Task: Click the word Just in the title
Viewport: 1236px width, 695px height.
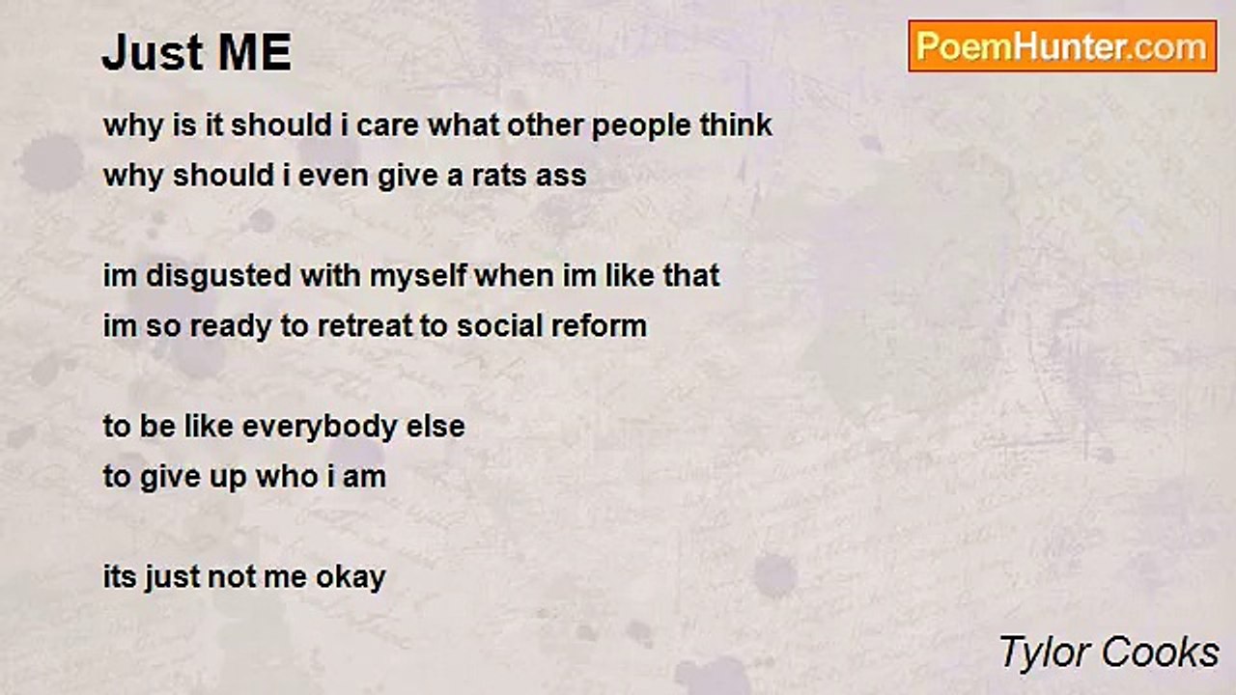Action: coord(153,53)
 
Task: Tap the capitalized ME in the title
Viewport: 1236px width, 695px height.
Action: coord(255,52)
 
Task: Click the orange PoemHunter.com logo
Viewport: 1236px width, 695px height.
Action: coord(1062,46)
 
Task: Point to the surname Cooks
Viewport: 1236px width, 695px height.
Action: coord(1160,652)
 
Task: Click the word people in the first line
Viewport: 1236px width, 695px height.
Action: coord(640,126)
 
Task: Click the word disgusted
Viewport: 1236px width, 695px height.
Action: coord(218,276)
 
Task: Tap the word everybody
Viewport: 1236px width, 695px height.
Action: coord(319,428)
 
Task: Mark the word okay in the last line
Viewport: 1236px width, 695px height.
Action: coord(351,578)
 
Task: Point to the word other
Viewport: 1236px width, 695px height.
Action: coord(545,125)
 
